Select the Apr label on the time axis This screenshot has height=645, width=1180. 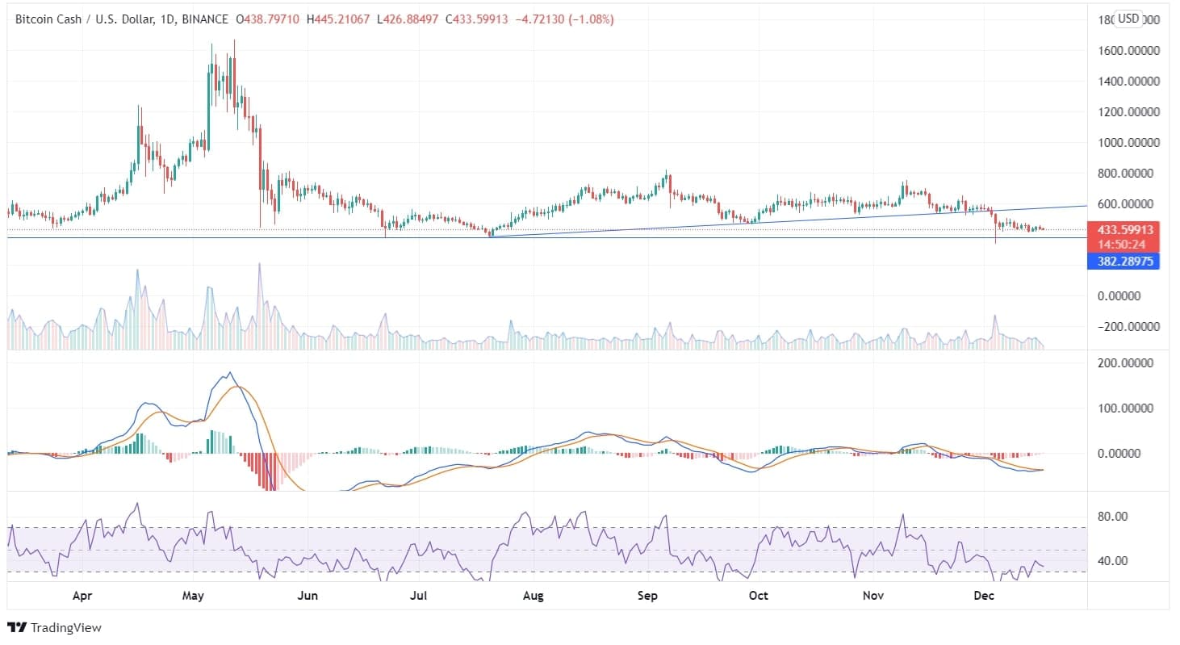tap(82, 596)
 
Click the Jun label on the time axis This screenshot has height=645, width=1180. tap(308, 596)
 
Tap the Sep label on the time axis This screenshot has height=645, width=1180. tap(647, 596)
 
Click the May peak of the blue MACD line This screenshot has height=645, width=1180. tap(231, 373)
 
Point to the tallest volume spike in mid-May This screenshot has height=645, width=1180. tap(259, 265)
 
